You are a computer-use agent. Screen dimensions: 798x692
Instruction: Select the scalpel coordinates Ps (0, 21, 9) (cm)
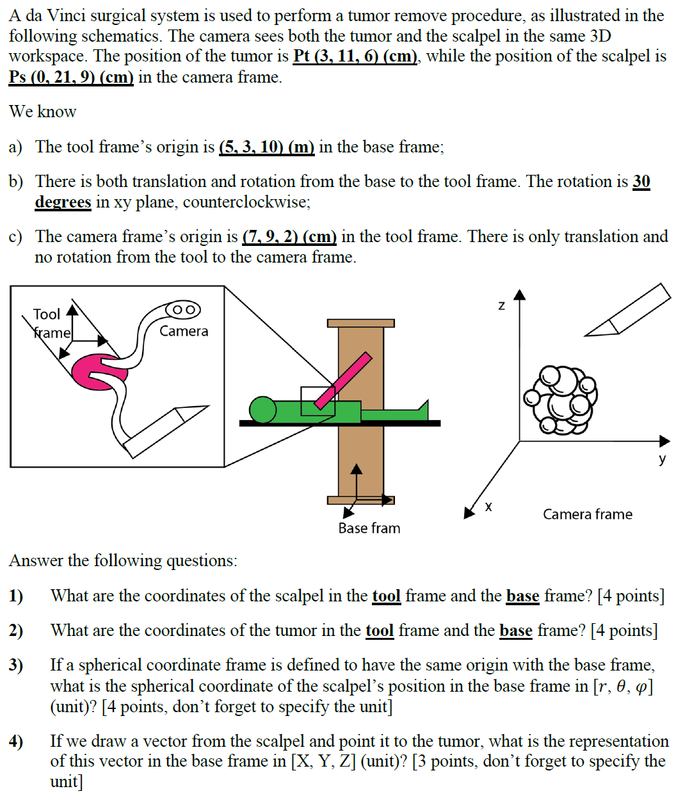pos(71,77)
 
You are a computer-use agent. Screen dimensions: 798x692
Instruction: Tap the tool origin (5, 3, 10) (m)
pos(266,147)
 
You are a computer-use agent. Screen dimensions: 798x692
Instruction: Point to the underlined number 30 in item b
pos(641,182)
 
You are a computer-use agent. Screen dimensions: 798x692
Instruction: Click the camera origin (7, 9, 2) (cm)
pos(289,237)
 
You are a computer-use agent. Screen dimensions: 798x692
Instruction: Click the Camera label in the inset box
pos(184,331)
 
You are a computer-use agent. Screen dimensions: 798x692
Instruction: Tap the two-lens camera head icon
pos(183,309)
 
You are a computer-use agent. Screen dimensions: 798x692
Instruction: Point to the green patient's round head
pos(262,410)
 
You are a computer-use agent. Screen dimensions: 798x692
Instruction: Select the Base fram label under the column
pos(369,528)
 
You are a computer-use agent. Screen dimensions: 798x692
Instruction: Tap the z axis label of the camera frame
pos(501,306)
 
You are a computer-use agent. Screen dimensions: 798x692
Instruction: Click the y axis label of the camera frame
pos(662,459)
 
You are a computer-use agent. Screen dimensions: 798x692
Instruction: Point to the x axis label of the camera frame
pos(488,507)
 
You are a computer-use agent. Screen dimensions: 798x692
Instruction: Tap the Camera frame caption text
pos(587,514)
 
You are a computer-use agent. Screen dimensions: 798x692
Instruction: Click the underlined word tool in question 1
pos(386,596)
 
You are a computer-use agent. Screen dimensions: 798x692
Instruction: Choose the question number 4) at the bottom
pos(16,742)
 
